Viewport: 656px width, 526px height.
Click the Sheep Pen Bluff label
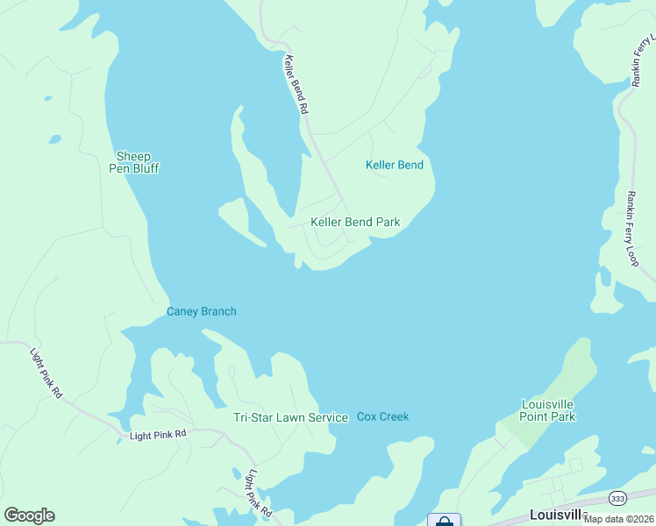pyautogui.click(x=133, y=162)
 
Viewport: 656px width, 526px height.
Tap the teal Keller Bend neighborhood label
pyautogui.click(x=394, y=165)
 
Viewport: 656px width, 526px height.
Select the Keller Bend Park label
pyautogui.click(x=355, y=222)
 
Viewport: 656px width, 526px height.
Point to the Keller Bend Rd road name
pyautogui.click(x=296, y=85)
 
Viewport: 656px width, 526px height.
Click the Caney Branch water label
pyautogui.click(x=202, y=311)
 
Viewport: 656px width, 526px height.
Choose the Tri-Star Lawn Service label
pyautogui.click(x=290, y=417)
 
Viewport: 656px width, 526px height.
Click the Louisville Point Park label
pyautogui.click(x=547, y=410)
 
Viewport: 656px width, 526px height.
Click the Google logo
pyautogui.click(x=29, y=515)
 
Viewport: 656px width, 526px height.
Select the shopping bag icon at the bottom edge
pyautogui.click(x=444, y=521)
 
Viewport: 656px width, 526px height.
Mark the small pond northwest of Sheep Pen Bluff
pyautogui.click(x=55, y=139)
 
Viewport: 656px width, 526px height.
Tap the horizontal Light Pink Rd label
pyautogui.click(x=158, y=434)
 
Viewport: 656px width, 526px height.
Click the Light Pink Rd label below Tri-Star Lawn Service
pyautogui.click(x=259, y=494)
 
